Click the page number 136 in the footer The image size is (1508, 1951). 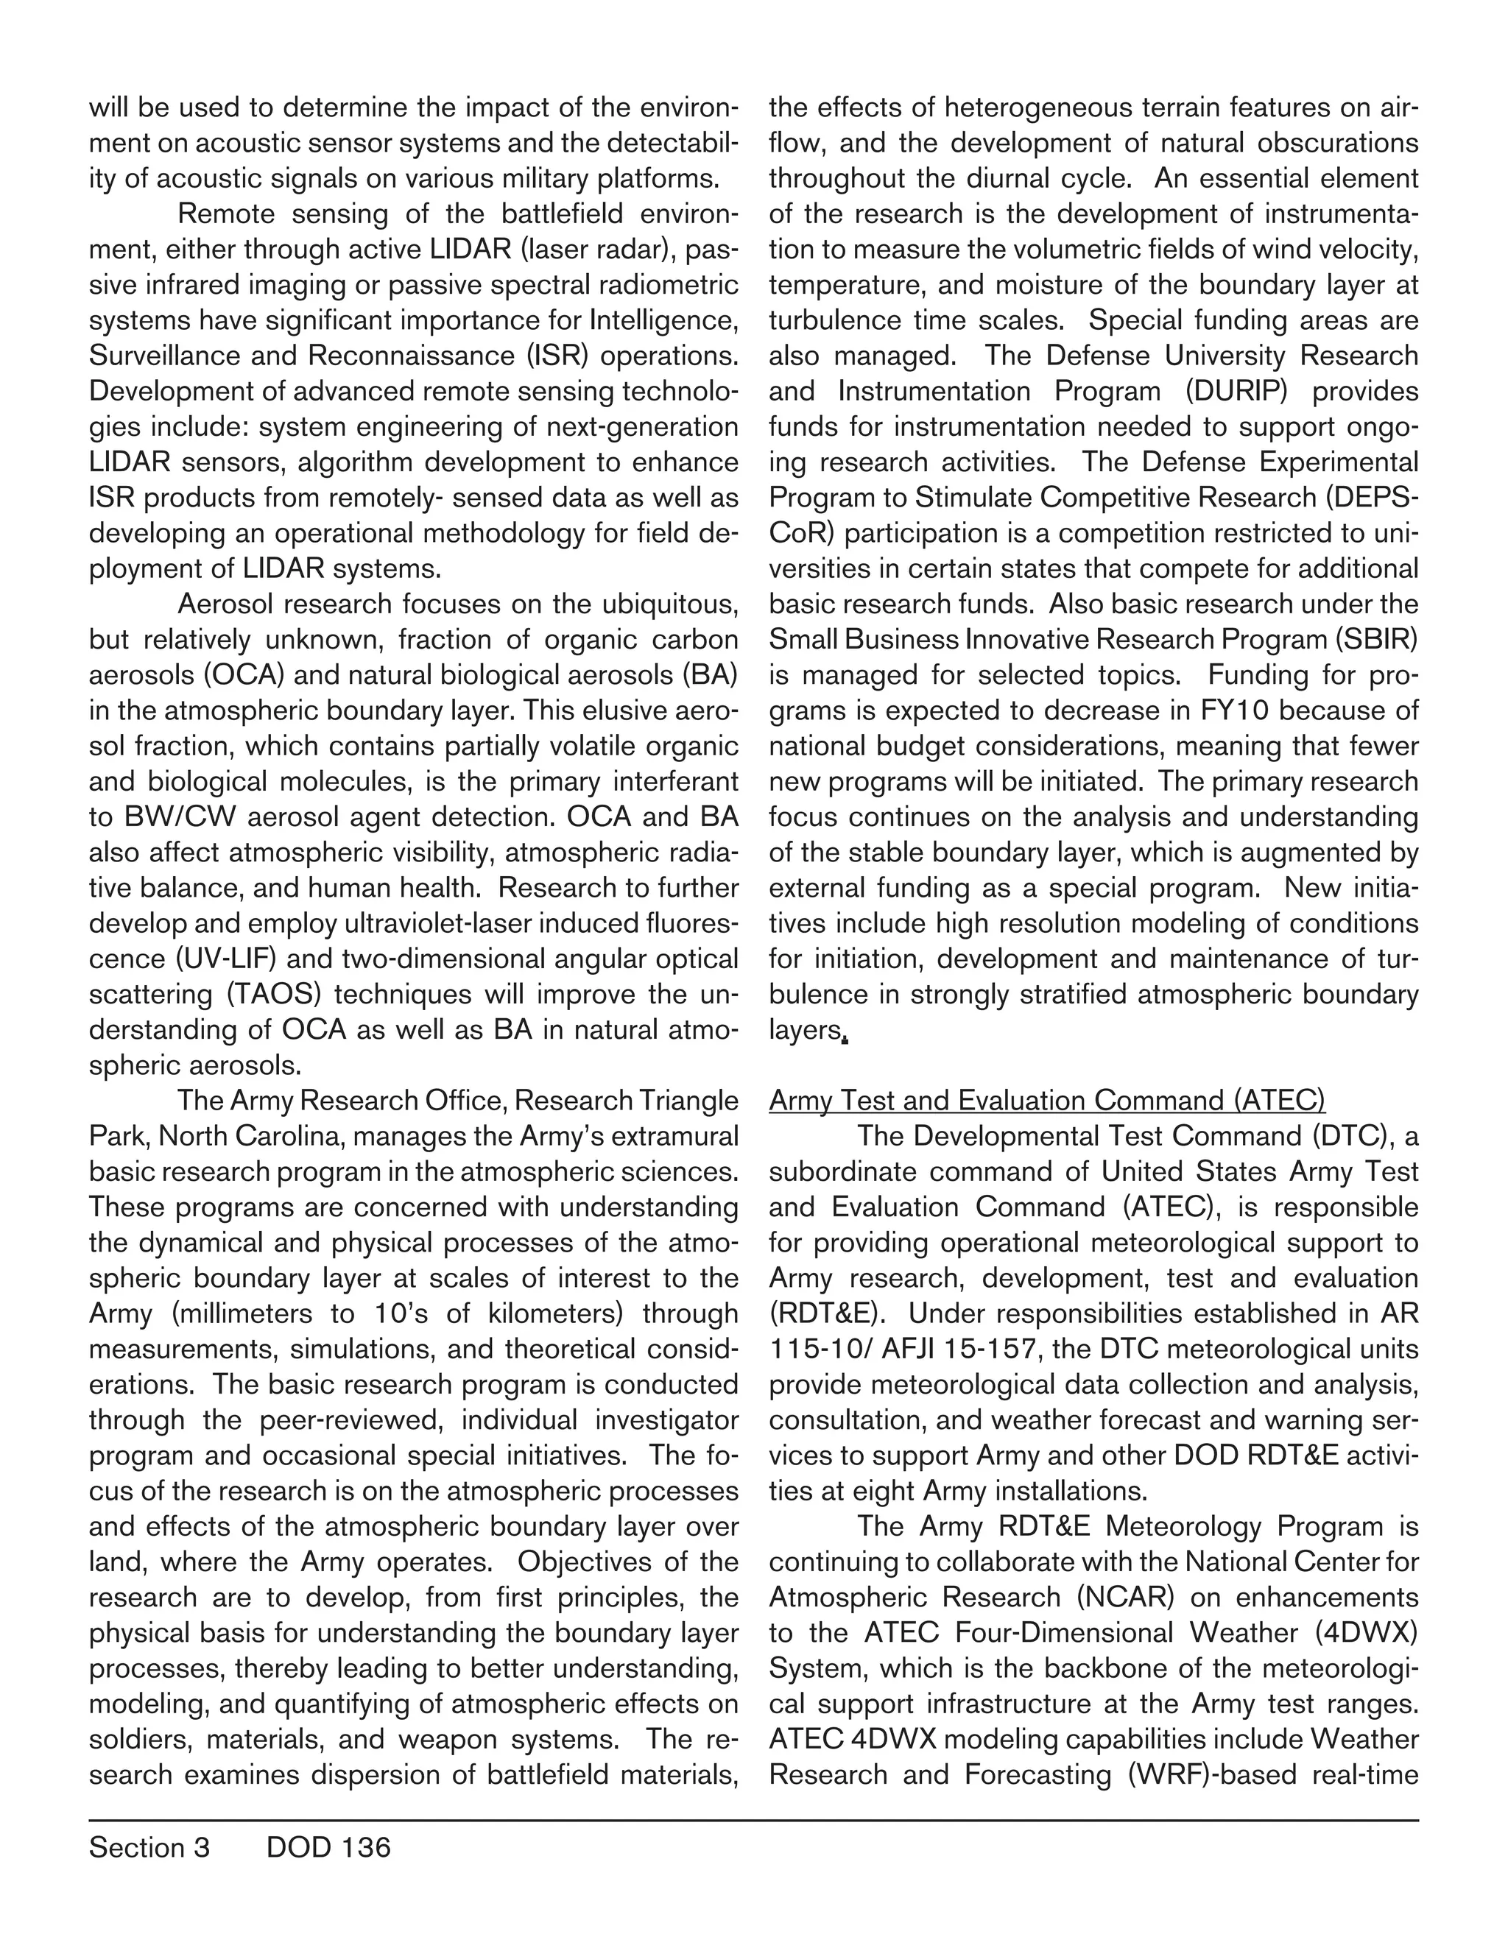366,1847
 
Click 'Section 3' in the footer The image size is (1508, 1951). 149,1847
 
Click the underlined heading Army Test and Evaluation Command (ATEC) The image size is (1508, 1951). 1047,1101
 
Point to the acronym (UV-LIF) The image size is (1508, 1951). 222,959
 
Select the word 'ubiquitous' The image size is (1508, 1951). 658,604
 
